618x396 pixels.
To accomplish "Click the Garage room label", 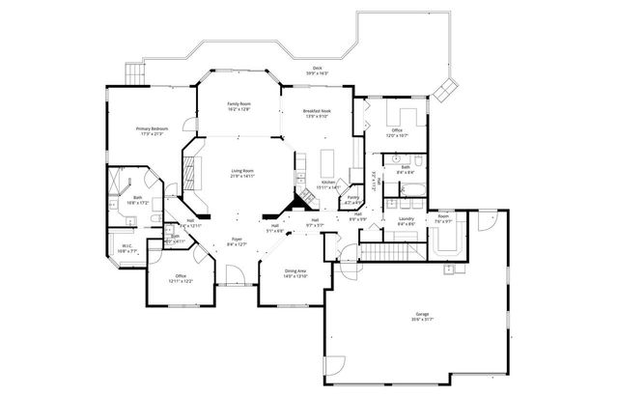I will click(x=422, y=315).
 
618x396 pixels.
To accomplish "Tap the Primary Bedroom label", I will click(x=151, y=127).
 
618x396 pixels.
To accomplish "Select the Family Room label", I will click(x=239, y=103).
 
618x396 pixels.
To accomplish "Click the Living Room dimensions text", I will click(x=241, y=177).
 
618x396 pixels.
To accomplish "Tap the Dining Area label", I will click(x=295, y=271).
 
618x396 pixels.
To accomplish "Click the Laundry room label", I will click(x=407, y=219).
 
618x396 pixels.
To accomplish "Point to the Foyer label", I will click(x=237, y=239).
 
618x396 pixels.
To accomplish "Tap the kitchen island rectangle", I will click(x=327, y=159).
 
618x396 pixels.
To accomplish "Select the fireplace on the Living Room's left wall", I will click(x=189, y=175).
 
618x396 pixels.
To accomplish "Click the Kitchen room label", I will click(x=328, y=182).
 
